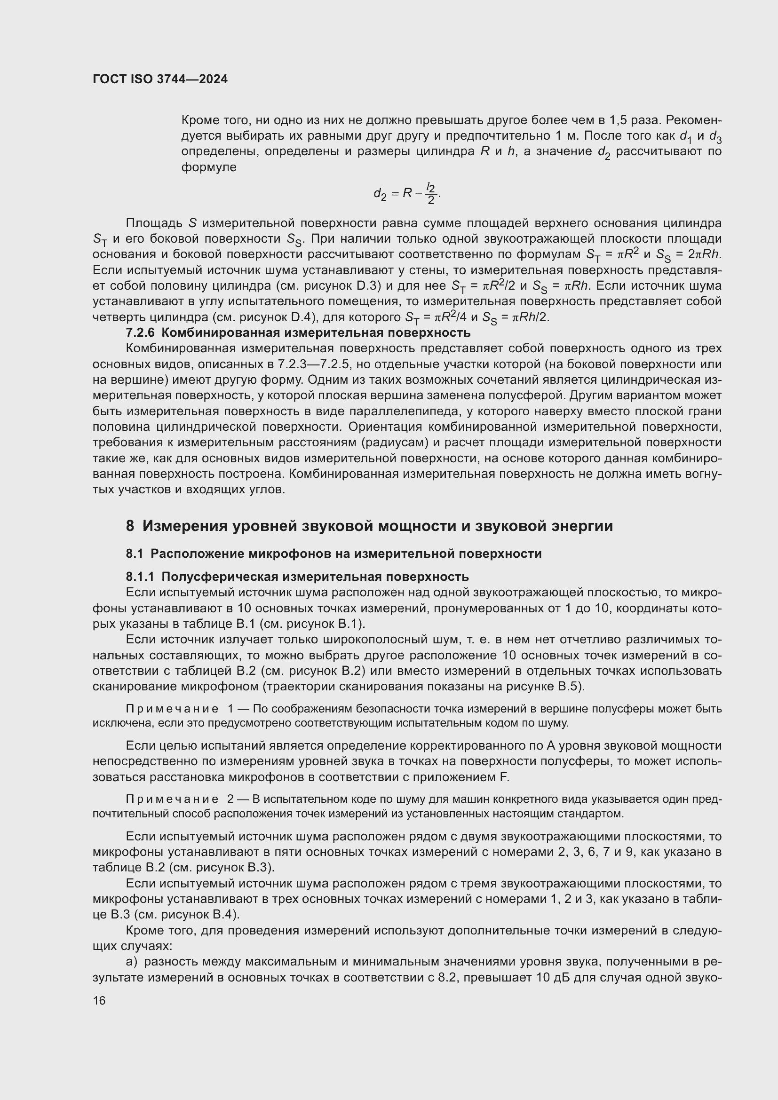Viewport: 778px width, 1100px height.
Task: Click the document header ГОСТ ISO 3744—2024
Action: click(x=160, y=79)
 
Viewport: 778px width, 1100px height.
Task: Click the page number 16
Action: click(x=99, y=1000)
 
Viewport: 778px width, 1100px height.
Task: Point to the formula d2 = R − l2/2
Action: click(x=407, y=193)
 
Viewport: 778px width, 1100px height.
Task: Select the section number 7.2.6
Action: click(x=140, y=332)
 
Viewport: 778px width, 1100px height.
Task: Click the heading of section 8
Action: click(x=369, y=526)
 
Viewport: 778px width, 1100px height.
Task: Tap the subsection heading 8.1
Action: click(x=333, y=554)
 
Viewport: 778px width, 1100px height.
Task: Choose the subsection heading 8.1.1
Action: click(x=297, y=577)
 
